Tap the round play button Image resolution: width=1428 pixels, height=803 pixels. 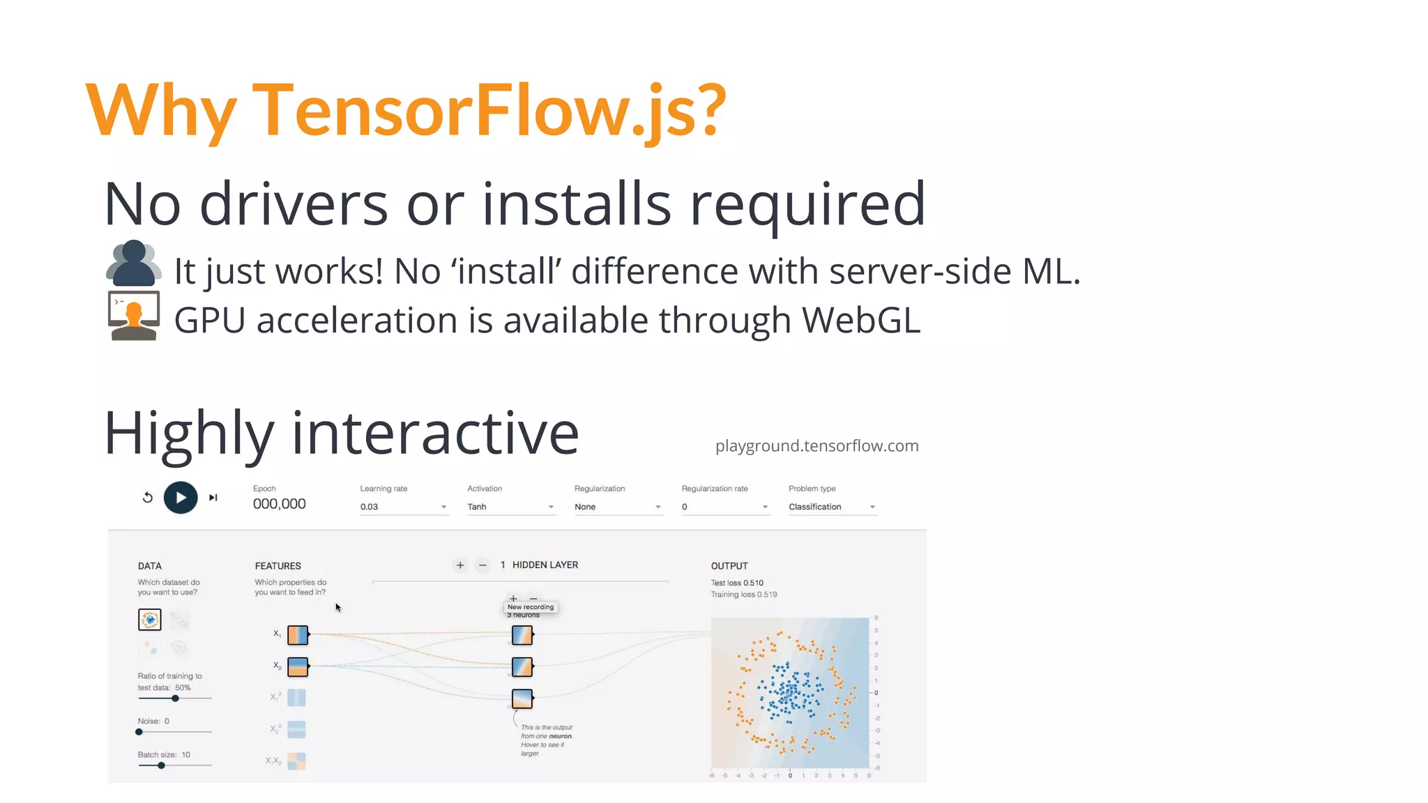[181, 498]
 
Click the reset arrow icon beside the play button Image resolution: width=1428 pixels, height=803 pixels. [148, 498]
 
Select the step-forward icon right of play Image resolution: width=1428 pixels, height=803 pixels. [213, 498]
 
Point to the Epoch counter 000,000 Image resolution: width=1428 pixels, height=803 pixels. [279, 504]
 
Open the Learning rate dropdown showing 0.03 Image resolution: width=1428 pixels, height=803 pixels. [403, 507]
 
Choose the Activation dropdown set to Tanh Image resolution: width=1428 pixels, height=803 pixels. [510, 507]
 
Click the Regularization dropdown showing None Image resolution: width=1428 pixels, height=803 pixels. [617, 507]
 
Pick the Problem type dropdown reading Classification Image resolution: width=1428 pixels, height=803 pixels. [831, 507]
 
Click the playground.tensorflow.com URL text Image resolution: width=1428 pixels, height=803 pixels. [816, 446]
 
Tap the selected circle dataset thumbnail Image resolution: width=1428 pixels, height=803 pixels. [150, 619]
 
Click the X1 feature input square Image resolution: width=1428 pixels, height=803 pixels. [298, 634]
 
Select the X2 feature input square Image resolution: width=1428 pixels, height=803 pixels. [298, 667]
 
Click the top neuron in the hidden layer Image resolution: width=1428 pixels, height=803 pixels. [522, 635]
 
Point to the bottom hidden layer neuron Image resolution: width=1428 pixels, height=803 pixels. [522, 698]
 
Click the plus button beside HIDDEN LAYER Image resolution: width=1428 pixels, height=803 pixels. [460, 565]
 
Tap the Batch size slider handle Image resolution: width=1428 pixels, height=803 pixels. [161, 765]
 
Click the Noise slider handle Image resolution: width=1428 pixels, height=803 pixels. [139, 732]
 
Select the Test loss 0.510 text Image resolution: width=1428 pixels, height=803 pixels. [737, 583]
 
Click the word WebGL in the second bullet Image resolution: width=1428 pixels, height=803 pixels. [861, 321]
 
